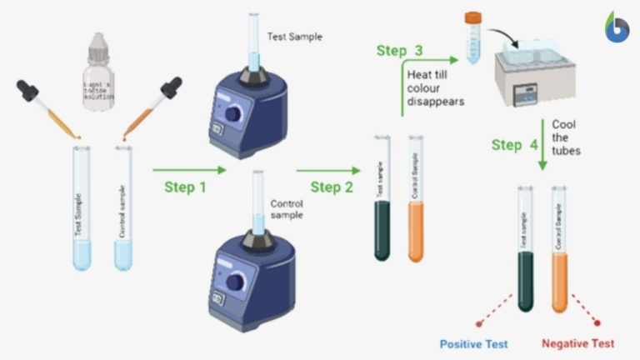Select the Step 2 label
coord(331,187)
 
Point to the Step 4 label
coord(514,145)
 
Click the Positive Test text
coord(473,343)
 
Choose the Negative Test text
coord(577,343)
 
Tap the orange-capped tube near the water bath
coord(472,37)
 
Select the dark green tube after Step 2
coord(382,200)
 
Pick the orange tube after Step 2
coord(415,200)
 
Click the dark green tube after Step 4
coord(525,250)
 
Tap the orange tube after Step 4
coord(559,250)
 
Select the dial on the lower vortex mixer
coord(235,281)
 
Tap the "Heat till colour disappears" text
coord(434,87)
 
